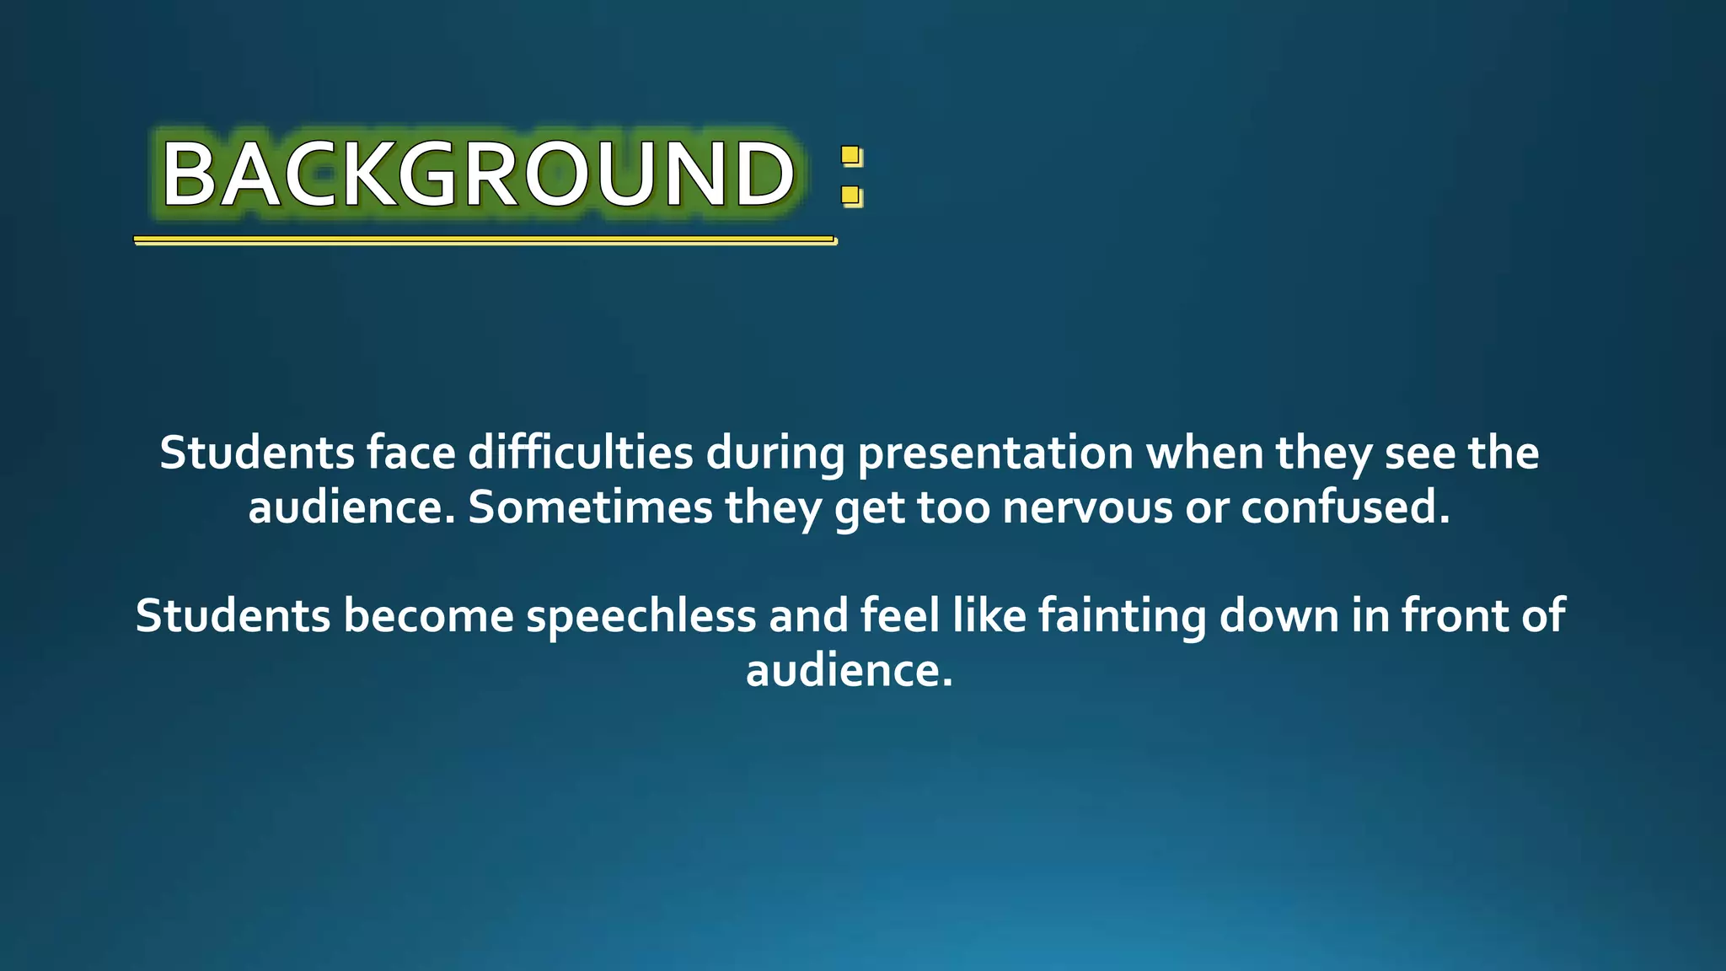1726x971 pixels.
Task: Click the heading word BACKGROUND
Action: tap(478, 174)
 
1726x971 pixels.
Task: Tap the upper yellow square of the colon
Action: tap(851, 156)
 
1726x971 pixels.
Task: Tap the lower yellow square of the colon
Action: tap(851, 196)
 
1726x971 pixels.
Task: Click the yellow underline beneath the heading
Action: tap(485, 240)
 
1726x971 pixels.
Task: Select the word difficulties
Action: tap(581, 453)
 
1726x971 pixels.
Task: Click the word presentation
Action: tap(995, 453)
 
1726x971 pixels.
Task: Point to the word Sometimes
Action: tap(590, 508)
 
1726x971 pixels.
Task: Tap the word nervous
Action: tap(1087, 508)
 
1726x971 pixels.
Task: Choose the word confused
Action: tap(1345, 508)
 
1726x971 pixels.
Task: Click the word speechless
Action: tap(641, 616)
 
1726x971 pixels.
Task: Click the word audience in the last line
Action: tap(849, 671)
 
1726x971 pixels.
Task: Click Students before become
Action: tap(233, 616)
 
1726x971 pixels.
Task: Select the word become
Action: tap(428, 616)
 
